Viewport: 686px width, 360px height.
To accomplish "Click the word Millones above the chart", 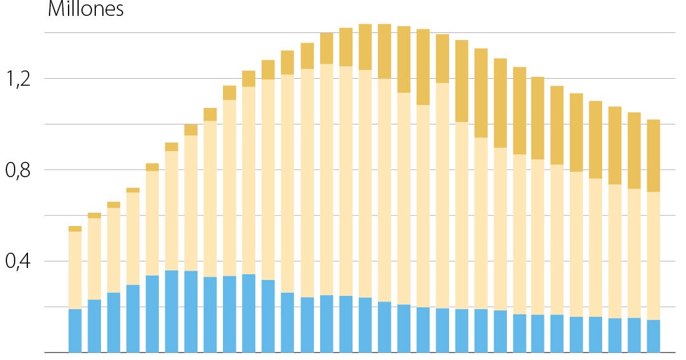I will coord(85,10).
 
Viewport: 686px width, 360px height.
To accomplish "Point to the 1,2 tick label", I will coord(18,79).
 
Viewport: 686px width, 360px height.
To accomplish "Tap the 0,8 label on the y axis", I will coord(18,170).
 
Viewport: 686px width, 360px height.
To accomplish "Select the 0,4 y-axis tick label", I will coord(18,261).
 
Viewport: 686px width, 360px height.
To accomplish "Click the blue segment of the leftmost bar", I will coord(75,330).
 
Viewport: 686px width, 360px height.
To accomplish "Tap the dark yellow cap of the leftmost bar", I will coord(75,229).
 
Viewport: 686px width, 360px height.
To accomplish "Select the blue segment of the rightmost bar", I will coord(653,336).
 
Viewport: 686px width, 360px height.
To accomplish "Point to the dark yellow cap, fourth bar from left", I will coord(133,190).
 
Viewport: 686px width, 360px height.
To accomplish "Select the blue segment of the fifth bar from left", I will coord(152,314).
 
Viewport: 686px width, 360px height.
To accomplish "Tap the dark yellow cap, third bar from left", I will coord(114,204).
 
